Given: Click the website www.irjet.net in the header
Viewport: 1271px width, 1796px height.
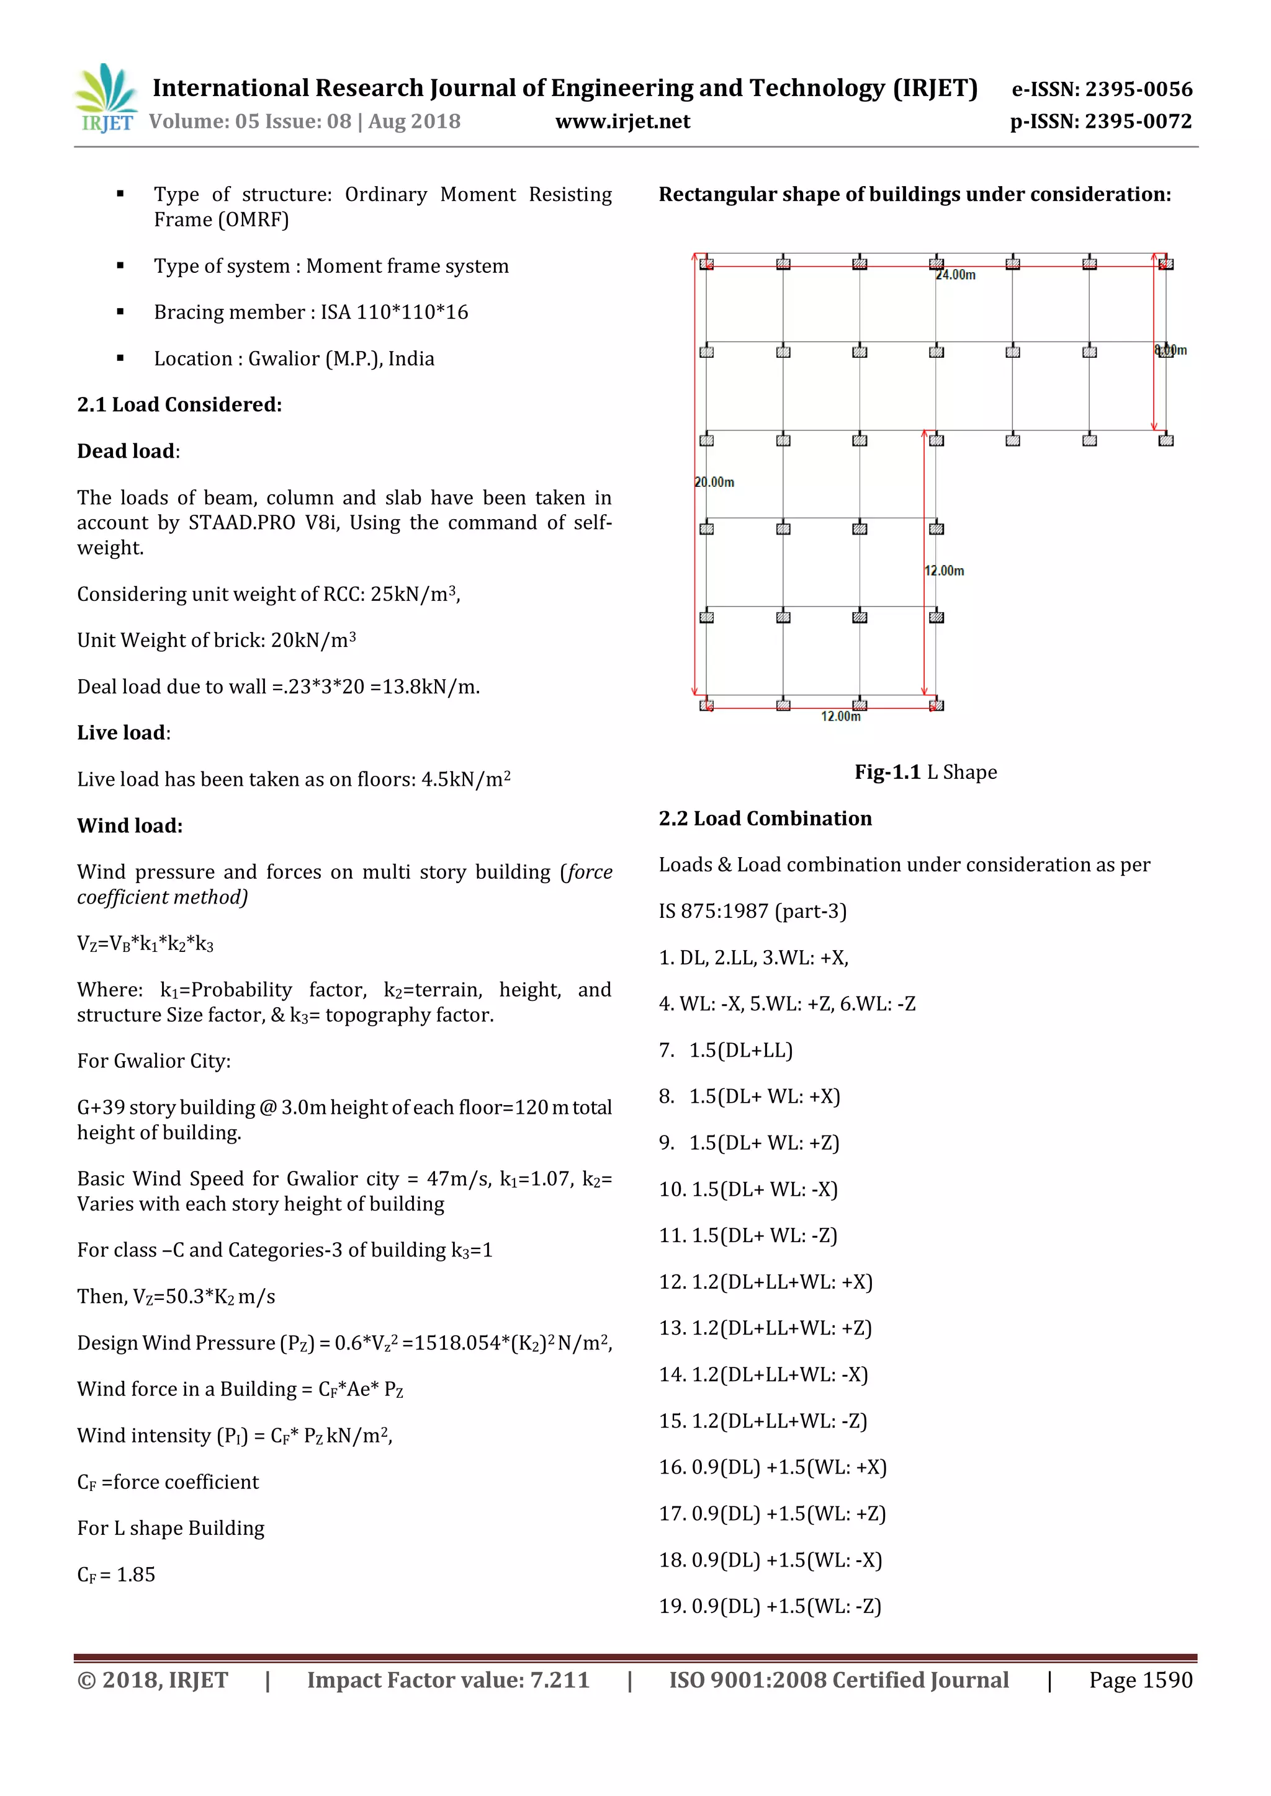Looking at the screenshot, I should point(622,122).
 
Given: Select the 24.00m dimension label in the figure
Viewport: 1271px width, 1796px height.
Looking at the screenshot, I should point(956,275).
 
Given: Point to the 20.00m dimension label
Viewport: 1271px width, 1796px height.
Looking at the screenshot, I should point(714,482).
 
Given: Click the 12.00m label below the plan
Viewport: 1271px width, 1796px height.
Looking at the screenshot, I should point(840,716).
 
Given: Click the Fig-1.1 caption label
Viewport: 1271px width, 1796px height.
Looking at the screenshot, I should point(887,773).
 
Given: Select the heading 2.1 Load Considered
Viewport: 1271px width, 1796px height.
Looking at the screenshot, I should point(179,405).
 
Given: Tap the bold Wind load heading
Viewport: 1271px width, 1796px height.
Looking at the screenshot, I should point(130,826).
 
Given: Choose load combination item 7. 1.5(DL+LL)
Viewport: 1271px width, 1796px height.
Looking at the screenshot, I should point(725,1051).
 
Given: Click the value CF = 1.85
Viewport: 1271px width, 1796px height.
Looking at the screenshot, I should point(116,1575).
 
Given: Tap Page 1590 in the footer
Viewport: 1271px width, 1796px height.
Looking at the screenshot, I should point(1140,1680).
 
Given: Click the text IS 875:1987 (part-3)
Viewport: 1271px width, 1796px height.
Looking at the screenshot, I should point(752,911).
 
